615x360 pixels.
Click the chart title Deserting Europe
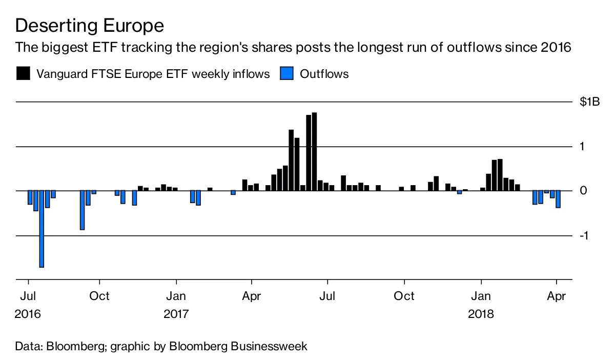pos(90,26)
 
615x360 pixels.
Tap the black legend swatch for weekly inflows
pos(23,73)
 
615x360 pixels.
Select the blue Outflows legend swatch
pos(286,73)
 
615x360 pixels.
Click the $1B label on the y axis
pos(589,102)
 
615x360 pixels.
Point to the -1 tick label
pos(584,235)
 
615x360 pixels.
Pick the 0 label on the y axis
pos(583,190)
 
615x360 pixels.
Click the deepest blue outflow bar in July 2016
pos(42,229)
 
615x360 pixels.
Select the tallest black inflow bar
pos(314,151)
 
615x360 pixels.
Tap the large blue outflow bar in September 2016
pos(82,210)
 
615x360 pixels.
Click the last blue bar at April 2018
pos(558,199)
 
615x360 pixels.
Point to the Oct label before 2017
pos(99,296)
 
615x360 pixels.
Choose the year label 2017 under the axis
pos(176,314)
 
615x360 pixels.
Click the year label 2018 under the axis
pos(481,314)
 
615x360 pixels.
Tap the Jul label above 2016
pos(28,296)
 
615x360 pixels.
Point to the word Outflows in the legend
pos(324,74)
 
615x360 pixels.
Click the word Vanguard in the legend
pos(62,74)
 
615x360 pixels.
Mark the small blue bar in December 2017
pos(459,192)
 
